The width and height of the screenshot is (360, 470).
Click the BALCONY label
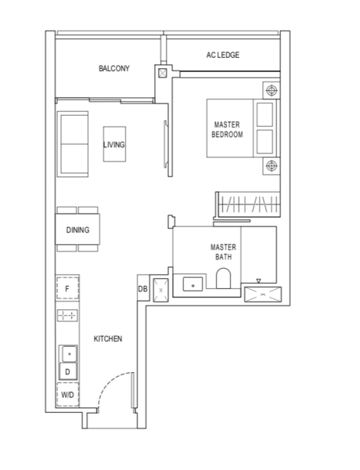pos(114,68)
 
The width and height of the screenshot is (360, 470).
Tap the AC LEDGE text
pos(223,55)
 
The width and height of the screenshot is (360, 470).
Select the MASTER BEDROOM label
pos(227,129)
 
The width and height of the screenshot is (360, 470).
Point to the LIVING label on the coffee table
pos(114,145)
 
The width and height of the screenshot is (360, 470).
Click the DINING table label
pos(78,230)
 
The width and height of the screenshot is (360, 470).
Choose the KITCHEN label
pos(108,338)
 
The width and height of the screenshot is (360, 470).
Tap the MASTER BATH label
pos(223,251)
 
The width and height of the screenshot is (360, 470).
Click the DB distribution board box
pos(143,288)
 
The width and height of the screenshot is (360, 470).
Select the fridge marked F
pos(67,288)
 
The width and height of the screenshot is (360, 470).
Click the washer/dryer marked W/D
pos(67,395)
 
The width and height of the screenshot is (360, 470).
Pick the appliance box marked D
pos(68,371)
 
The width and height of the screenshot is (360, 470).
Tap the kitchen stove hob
pos(67,316)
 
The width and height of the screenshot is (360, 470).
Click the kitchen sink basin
pos(69,354)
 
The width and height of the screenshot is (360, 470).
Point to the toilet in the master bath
pos(223,278)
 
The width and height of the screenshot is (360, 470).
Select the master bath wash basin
pos(193,284)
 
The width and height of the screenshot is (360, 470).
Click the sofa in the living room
pos(73,144)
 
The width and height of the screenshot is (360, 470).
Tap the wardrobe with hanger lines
pos(248,204)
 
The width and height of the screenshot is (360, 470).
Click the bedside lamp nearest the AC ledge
pos(272,90)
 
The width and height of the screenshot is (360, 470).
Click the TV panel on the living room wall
pos(165,144)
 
